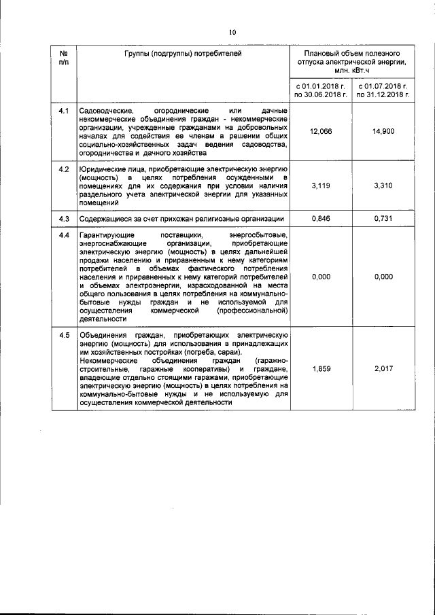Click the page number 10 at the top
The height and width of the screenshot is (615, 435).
231,31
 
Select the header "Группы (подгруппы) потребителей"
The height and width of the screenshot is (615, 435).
183,52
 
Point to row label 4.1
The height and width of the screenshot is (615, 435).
64,110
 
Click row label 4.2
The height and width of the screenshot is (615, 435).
64,168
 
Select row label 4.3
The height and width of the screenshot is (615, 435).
64,219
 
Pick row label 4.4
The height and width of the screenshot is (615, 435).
64,235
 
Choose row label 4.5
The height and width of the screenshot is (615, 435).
64,335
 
